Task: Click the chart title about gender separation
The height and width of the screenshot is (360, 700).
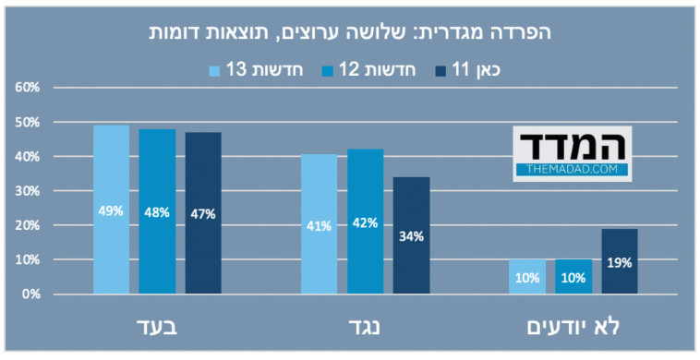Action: (x=350, y=31)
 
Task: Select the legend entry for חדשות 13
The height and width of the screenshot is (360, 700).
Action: (x=243, y=68)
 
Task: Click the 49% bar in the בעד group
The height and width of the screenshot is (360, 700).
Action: (x=112, y=210)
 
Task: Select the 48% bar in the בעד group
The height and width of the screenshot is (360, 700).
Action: (x=157, y=212)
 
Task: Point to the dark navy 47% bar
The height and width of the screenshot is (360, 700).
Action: (x=203, y=214)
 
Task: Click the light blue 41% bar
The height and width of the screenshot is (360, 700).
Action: (x=320, y=224)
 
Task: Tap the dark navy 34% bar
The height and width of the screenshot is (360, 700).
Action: (x=411, y=236)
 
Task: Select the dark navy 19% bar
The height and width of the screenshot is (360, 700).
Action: (x=619, y=262)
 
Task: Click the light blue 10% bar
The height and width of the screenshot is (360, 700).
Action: (x=527, y=277)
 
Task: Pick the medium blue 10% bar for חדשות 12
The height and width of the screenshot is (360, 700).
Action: (x=573, y=277)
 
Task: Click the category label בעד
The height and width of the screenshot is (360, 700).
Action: (x=157, y=327)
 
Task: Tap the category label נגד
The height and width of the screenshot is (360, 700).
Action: (x=365, y=327)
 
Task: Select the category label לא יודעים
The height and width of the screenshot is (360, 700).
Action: (x=573, y=327)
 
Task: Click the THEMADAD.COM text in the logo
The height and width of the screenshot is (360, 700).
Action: (x=572, y=170)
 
